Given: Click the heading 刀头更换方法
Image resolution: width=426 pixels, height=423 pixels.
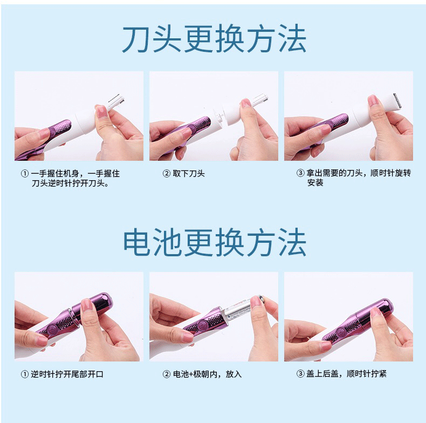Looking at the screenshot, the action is (214, 38).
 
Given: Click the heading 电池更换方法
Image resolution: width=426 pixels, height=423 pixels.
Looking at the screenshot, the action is (215, 242).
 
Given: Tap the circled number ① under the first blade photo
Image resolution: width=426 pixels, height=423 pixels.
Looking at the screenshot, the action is (25, 173).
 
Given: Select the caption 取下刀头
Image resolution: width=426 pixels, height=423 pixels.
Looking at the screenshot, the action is (189, 173).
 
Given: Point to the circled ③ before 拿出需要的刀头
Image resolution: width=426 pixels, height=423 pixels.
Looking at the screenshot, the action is (300, 173).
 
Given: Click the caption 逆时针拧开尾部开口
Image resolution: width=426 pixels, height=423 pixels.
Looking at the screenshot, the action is (67, 374).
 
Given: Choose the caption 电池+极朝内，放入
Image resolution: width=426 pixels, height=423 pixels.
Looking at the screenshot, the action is (207, 374).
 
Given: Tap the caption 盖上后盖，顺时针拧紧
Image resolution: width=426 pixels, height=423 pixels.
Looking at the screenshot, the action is (346, 374).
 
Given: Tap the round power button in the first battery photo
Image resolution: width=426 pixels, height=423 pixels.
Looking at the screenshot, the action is (52, 330).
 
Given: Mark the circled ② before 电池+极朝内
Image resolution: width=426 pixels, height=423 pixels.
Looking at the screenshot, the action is (167, 374).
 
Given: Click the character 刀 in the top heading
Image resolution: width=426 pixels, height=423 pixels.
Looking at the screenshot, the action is (136, 39).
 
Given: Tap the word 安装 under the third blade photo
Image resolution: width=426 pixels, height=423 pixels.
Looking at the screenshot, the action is (315, 183).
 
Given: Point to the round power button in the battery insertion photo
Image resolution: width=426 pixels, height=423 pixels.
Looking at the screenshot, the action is (202, 325).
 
